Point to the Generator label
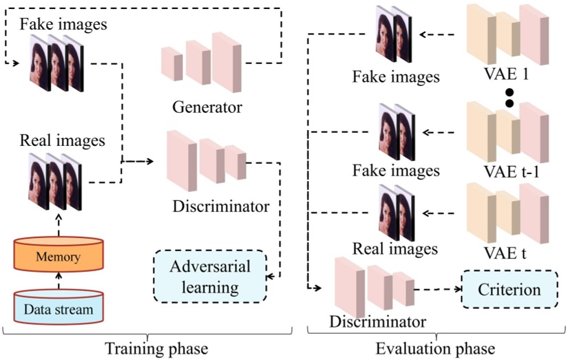[208, 107]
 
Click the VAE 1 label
[508, 76]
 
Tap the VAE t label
[508, 253]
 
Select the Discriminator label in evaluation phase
[378, 321]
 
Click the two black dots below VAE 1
[510, 97]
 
